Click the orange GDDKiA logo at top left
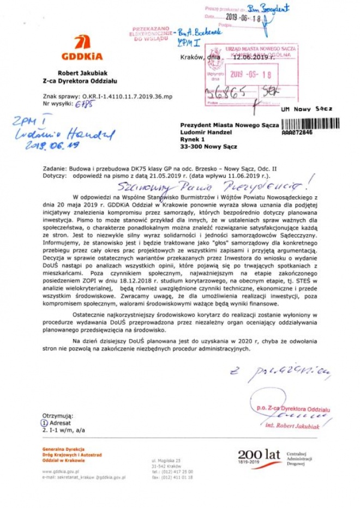83,48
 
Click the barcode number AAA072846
297,132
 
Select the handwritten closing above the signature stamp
280,373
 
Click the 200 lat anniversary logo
259,456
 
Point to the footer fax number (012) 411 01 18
172,477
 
